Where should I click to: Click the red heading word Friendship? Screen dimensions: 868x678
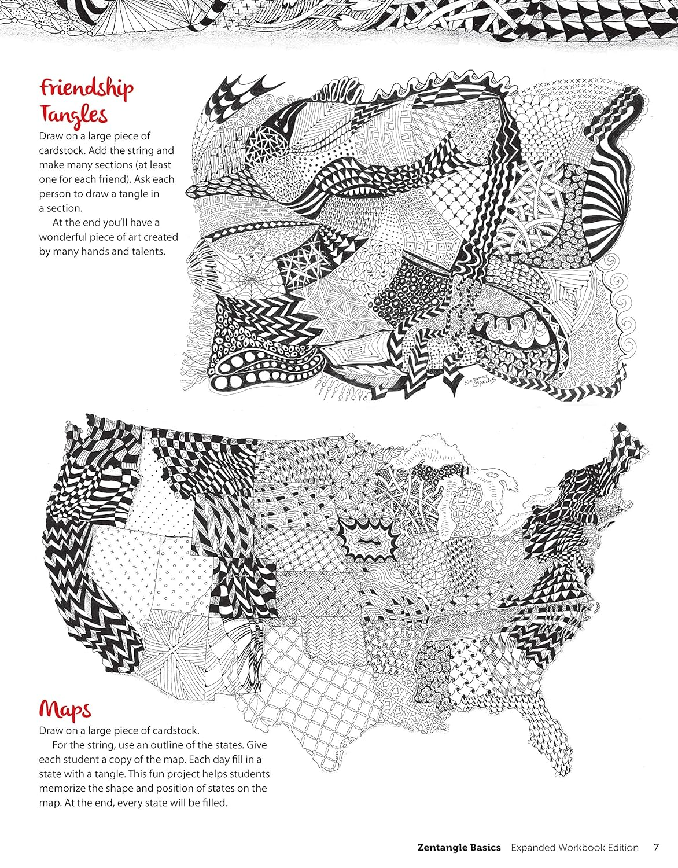[86, 88]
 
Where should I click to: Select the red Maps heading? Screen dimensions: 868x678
[65, 709]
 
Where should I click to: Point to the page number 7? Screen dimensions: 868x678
[656, 848]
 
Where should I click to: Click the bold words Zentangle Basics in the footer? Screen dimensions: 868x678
[459, 848]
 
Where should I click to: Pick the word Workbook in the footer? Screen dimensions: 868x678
[583, 848]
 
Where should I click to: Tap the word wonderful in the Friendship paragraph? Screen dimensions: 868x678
[65, 237]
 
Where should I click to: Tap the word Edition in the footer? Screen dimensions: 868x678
[622, 848]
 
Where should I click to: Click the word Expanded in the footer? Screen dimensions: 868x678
[532, 848]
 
